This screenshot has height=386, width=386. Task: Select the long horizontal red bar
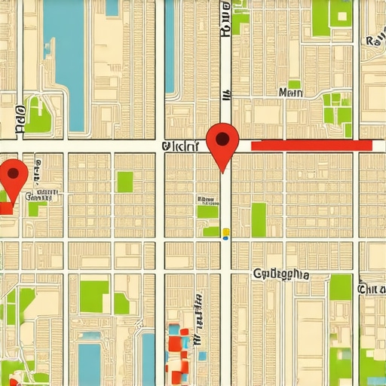point(311,146)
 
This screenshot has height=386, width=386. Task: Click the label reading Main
point(290,93)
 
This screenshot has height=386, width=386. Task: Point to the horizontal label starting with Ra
point(374,41)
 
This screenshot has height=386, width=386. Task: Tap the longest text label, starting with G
point(281,274)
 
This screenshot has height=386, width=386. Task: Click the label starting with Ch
point(372,289)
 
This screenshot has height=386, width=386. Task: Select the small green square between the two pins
point(124,182)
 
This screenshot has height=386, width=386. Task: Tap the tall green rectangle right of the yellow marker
point(259,219)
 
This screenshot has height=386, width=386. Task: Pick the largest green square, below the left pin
point(94,296)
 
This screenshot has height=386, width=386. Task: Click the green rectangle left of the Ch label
point(340,287)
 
